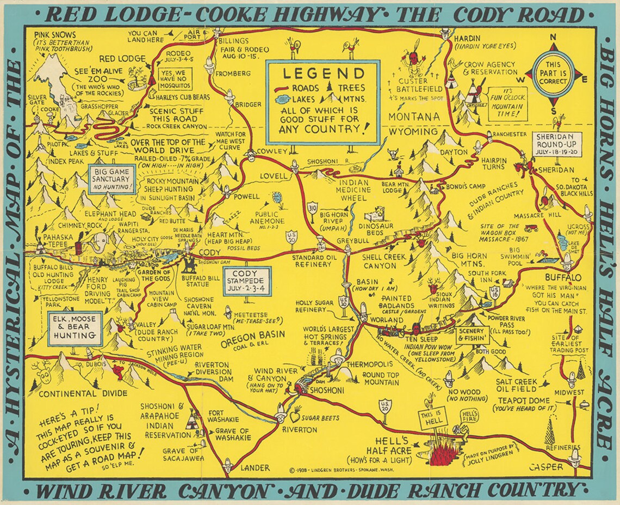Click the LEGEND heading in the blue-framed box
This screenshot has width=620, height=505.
(x=323, y=74)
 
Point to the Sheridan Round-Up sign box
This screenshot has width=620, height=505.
(x=557, y=143)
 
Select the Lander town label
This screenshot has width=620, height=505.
(x=255, y=467)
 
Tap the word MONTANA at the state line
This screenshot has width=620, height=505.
(x=414, y=117)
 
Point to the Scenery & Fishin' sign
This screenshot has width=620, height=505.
(x=473, y=334)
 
